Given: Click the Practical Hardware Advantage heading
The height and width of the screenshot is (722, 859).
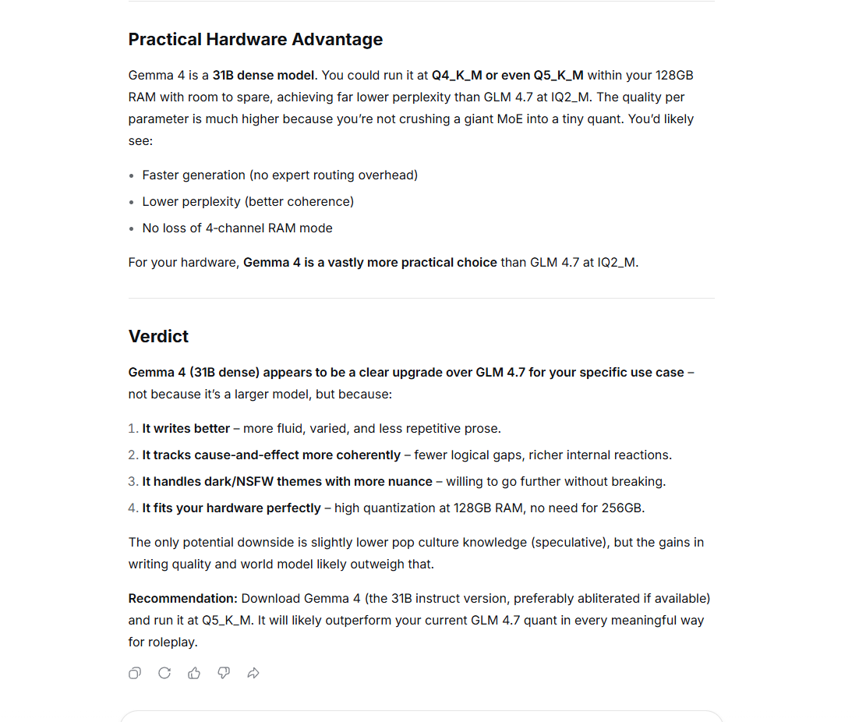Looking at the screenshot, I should pyautogui.click(x=255, y=40).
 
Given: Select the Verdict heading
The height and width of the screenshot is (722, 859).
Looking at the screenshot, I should pyautogui.click(x=158, y=336).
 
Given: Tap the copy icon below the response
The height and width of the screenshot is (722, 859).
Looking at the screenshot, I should pyautogui.click(x=135, y=673).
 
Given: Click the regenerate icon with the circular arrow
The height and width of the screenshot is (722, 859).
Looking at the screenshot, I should pyautogui.click(x=164, y=673).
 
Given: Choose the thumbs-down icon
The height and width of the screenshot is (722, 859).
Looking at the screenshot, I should pyautogui.click(x=224, y=673).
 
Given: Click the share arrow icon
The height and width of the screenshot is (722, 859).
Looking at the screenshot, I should pyautogui.click(x=253, y=673).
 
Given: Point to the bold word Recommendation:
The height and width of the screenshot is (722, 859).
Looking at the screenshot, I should pyautogui.click(x=182, y=599).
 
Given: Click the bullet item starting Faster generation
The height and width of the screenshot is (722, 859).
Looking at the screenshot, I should pyautogui.click(x=279, y=175).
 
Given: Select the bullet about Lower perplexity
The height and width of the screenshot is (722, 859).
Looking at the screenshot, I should pyautogui.click(x=247, y=202).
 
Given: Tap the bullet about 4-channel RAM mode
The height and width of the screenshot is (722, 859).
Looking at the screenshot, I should pyautogui.click(x=237, y=228).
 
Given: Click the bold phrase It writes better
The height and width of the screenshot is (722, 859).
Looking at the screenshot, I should pyautogui.click(x=186, y=429).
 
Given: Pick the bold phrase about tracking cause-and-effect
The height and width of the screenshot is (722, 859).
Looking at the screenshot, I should pyautogui.click(x=270, y=455).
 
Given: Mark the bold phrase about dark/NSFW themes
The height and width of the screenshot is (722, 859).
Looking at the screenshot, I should pyautogui.click(x=287, y=482).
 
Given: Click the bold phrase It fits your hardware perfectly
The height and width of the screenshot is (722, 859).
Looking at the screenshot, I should pyautogui.click(x=231, y=508).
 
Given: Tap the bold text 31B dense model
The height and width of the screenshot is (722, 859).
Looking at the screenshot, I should pyautogui.click(x=263, y=76).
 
